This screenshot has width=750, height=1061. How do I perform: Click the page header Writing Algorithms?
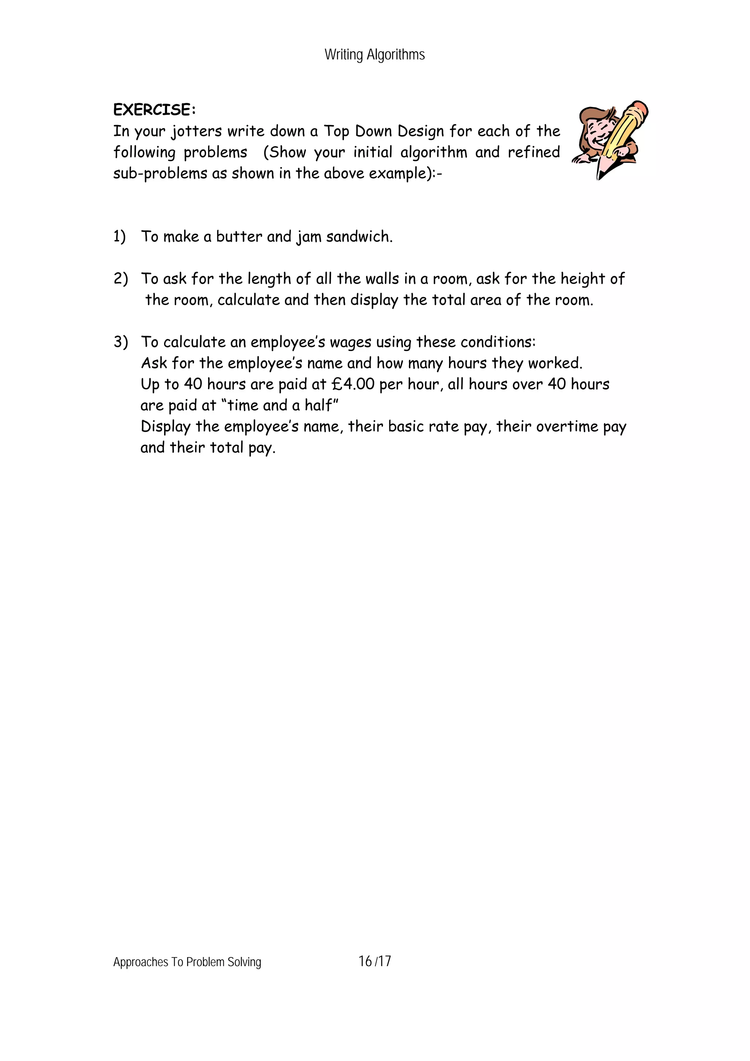click(374, 55)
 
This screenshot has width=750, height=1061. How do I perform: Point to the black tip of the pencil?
click(600, 175)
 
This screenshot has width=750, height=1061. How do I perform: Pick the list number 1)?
click(119, 237)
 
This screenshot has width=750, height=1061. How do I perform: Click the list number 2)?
click(120, 279)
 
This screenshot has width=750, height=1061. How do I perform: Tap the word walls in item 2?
click(382, 279)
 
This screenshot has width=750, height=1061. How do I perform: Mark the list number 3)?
click(120, 342)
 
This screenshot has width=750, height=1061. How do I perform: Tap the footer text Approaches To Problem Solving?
click(187, 962)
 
